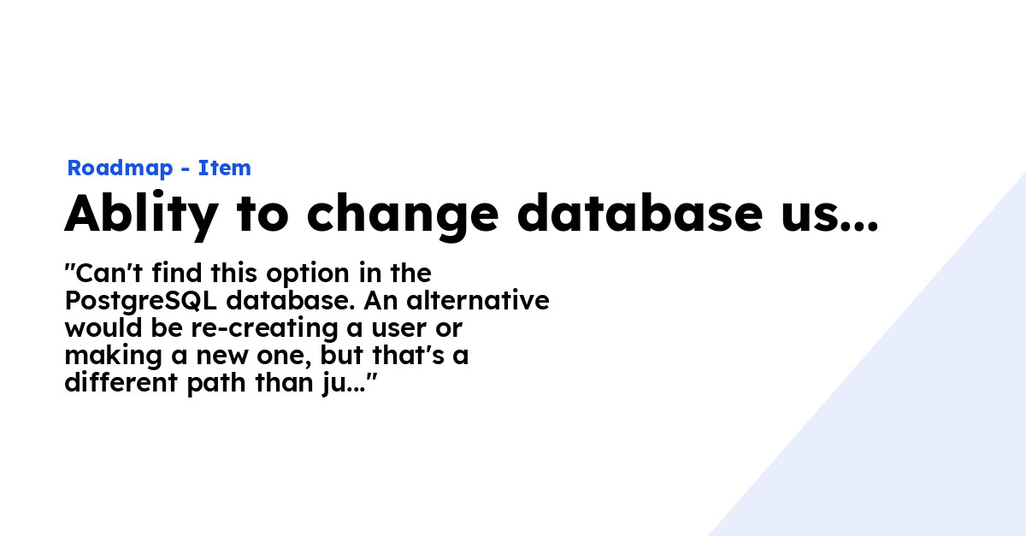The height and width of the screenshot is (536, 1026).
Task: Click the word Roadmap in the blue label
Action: click(120, 168)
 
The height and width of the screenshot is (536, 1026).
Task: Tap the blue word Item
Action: click(224, 168)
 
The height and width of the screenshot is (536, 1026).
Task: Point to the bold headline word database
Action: click(640, 213)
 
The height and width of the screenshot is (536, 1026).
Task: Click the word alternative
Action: click(478, 301)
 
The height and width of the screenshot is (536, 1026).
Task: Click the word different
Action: click(121, 383)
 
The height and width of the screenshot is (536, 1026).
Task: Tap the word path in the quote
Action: click(216, 385)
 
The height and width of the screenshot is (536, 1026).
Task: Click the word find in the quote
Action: click(177, 273)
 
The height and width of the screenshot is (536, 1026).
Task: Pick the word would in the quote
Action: click(103, 328)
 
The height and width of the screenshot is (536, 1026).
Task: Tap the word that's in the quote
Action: click(408, 356)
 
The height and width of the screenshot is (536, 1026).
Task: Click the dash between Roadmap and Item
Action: click(186, 169)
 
